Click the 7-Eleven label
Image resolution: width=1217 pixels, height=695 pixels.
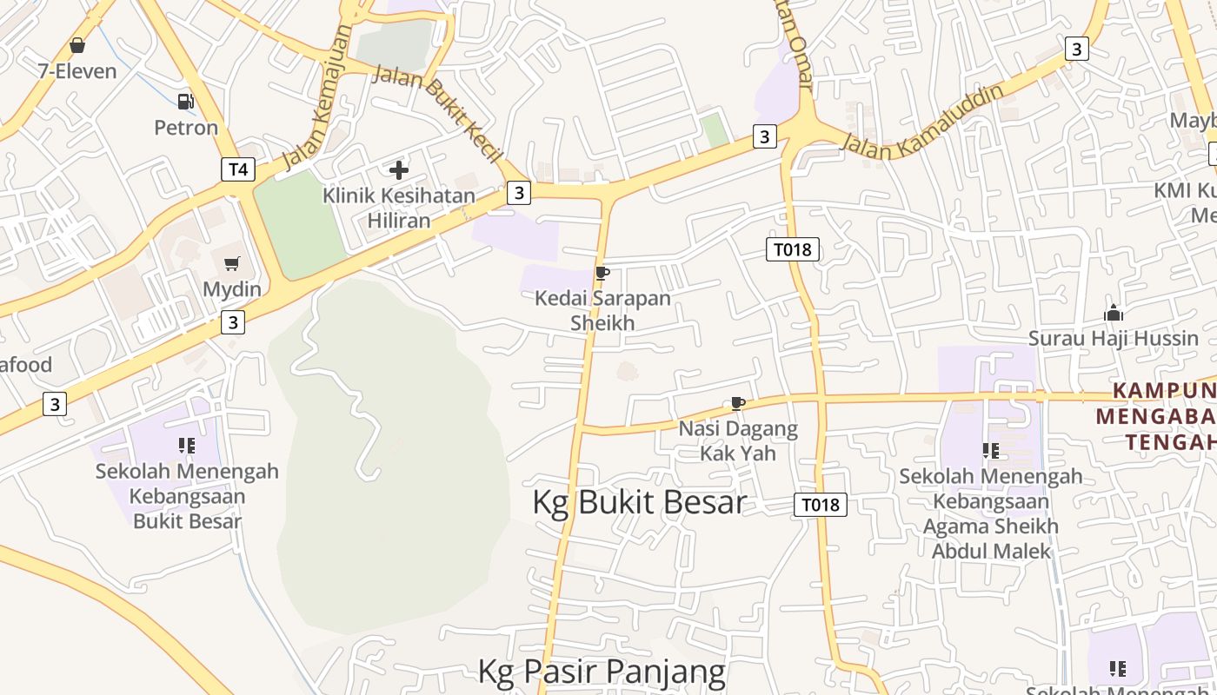pos(77,71)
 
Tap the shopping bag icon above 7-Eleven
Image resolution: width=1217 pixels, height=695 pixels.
pos(77,45)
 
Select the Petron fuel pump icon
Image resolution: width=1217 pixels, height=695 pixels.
pos(185,102)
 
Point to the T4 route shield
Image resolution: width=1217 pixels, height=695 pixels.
pos(237,169)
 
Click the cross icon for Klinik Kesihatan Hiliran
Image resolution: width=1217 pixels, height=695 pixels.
pos(399,170)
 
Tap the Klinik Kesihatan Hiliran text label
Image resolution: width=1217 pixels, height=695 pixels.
pos(399,208)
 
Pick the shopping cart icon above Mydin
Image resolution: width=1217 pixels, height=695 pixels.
pos(232,263)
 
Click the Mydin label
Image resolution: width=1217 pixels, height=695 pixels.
pos(232,289)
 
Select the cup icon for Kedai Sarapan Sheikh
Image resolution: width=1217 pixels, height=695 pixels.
pos(602,274)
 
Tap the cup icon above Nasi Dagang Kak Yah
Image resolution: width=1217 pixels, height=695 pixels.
pos(737,403)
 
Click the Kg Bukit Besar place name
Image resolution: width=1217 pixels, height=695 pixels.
pos(639,503)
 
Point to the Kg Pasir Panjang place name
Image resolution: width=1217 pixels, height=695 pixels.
pos(602,672)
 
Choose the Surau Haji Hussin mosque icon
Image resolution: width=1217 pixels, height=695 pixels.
pos(1114,313)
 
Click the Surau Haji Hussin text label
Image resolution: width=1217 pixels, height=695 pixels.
pos(1114,338)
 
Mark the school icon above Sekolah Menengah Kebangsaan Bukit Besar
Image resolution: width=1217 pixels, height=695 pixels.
pos(187,446)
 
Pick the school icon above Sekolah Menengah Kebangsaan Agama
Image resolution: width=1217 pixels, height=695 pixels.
pos(990,450)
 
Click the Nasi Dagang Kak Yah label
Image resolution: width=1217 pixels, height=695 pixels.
pos(738,440)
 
